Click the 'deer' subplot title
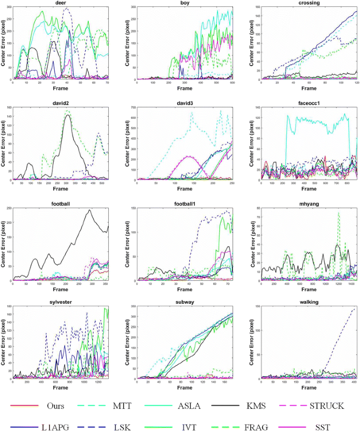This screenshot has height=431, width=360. [60, 3]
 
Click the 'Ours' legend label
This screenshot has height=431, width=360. [57, 405]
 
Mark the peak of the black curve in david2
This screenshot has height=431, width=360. [68, 115]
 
